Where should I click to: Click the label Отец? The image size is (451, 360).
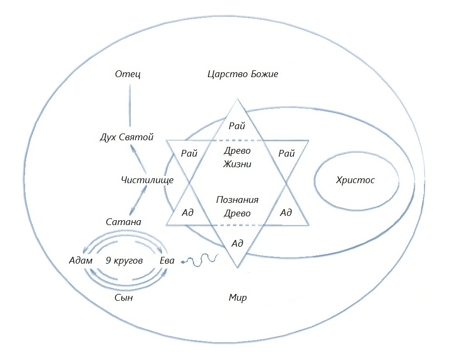pyautogui.click(x=128, y=75)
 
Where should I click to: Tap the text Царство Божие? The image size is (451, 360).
pyautogui.click(x=243, y=74)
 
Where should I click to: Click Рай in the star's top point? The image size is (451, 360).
pyautogui.click(x=237, y=126)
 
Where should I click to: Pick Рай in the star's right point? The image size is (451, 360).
pyautogui.click(x=286, y=153)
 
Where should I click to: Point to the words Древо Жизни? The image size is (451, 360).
pyautogui.click(x=237, y=157)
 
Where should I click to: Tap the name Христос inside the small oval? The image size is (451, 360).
pyautogui.click(x=355, y=180)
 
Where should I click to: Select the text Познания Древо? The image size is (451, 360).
pyautogui.click(x=237, y=206)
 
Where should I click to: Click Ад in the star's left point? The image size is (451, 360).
pyautogui.click(x=188, y=213)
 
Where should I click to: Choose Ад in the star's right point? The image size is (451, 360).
pyautogui.click(x=286, y=213)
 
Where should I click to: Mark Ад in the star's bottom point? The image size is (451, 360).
pyautogui.click(x=237, y=243)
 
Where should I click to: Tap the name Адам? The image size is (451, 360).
pyautogui.click(x=81, y=261)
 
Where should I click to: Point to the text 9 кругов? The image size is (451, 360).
pyautogui.click(x=124, y=261)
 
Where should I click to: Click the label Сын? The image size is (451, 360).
pyautogui.click(x=124, y=297)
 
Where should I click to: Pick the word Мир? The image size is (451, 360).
pyautogui.click(x=237, y=297)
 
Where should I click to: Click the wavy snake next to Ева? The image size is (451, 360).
pyautogui.click(x=199, y=261)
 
